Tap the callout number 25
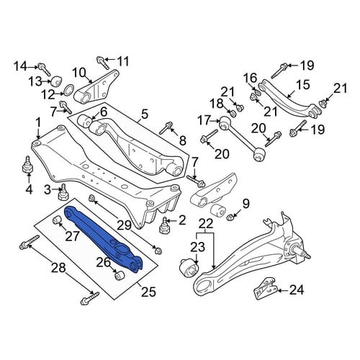pyautogui.click(x=148, y=292)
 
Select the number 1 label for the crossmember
pyautogui.click(x=38, y=123)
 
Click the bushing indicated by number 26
pyautogui.click(x=119, y=275)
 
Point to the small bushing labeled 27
pyautogui.click(x=57, y=220)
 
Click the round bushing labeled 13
pyautogui.click(x=57, y=81)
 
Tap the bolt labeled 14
pyautogui.click(x=44, y=69)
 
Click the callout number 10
pyautogui.click(x=79, y=72)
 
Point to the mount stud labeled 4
pyautogui.click(x=27, y=165)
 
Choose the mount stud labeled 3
pyautogui.click(x=63, y=192)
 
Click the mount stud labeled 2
pyautogui.click(x=165, y=225)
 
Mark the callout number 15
pyautogui.click(x=302, y=84)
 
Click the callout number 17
pyautogui.click(x=204, y=120)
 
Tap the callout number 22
pyautogui.click(x=206, y=224)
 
